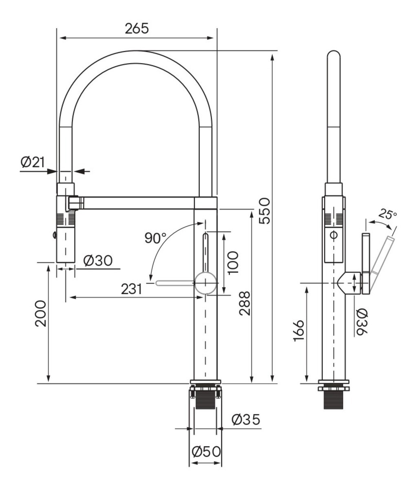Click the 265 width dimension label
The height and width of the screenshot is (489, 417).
pyautogui.click(x=137, y=29)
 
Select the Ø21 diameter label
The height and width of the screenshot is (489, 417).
pyautogui.click(x=33, y=162)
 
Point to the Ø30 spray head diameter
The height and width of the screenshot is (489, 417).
pyautogui.click(x=98, y=261)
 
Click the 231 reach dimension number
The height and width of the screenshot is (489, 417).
pyautogui.click(x=132, y=289)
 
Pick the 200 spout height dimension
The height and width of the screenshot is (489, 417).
pyautogui.click(x=41, y=314)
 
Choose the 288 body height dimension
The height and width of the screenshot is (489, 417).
pyautogui.click(x=245, y=303)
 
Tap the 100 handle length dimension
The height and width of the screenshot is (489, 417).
pyautogui.click(x=233, y=262)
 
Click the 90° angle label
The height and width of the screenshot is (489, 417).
pyautogui.click(x=155, y=238)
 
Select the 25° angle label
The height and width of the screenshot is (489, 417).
pyautogui.click(x=387, y=214)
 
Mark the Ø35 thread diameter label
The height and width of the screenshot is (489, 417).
pyautogui.click(x=246, y=419)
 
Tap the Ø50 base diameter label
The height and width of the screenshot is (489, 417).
pyautogui.click(x=206, y=452)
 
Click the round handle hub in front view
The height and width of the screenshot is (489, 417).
pyautogui.click(x=205, y=283)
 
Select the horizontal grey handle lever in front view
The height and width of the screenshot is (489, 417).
pyautogui.click(x=175, y=283)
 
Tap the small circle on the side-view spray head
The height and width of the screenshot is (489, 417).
pyautogui.click(x=334, y=235)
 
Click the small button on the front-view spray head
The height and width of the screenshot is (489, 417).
pyautogui.click(x=55, y=235)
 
